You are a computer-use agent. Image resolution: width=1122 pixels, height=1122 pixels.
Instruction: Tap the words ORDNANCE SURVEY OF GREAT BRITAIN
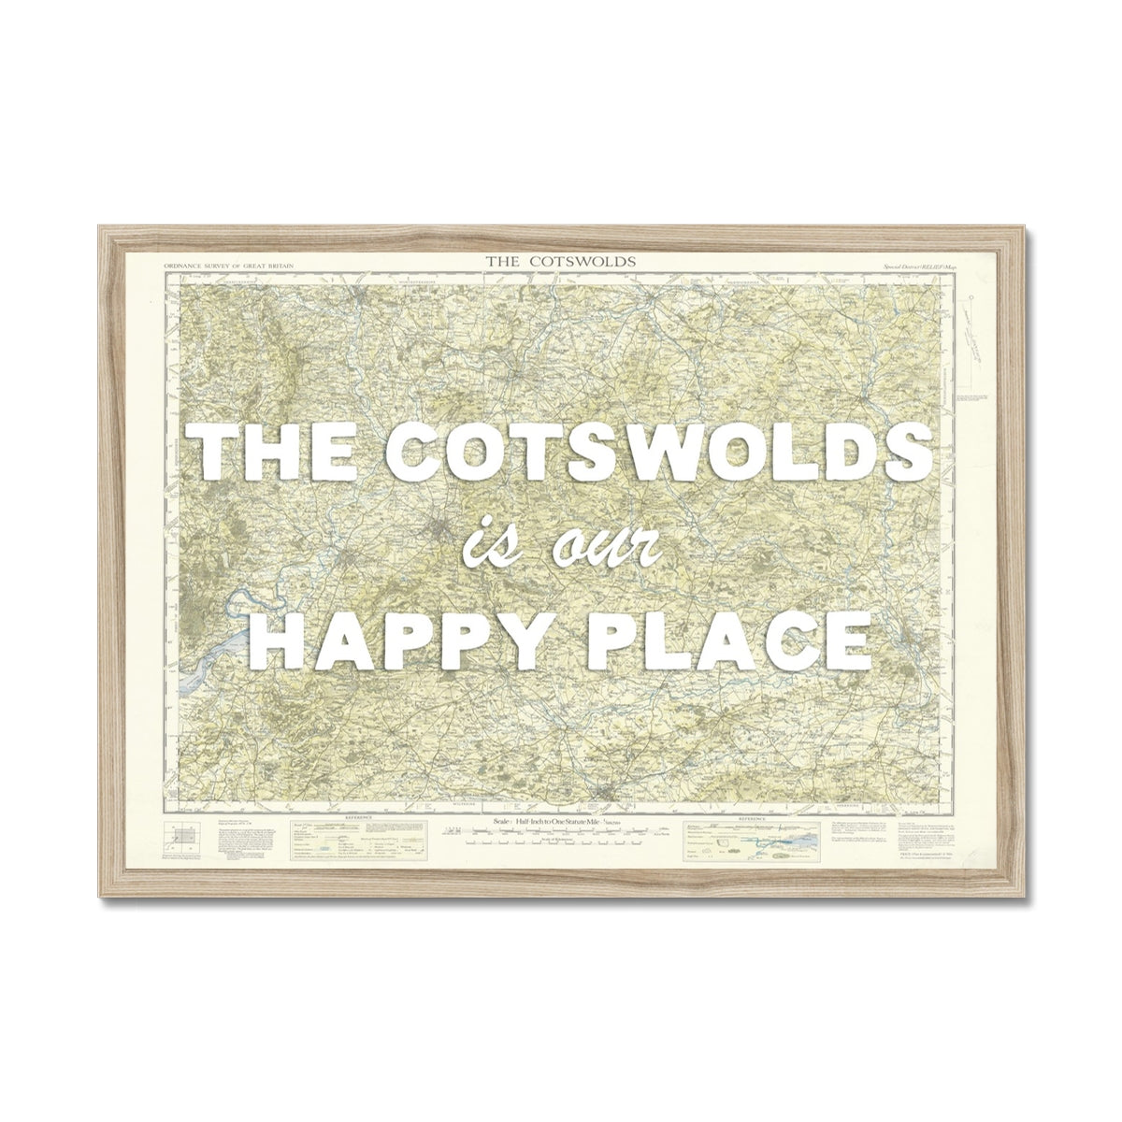(229, 266)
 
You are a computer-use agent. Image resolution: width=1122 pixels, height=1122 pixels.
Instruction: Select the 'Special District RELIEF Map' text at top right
(922, 266)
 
